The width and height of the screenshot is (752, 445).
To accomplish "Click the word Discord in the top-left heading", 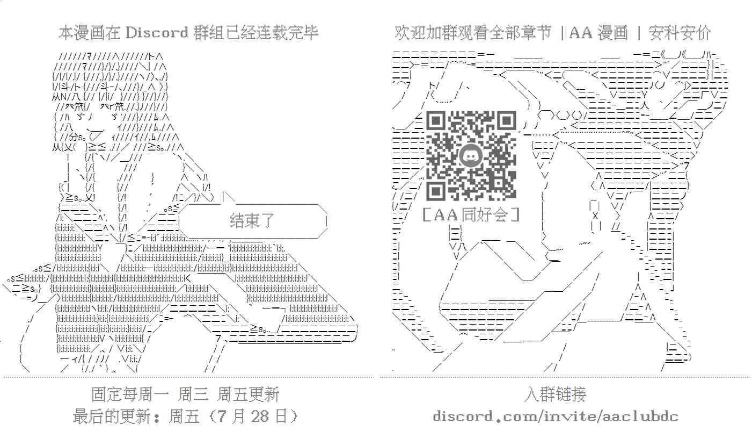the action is [157, 33].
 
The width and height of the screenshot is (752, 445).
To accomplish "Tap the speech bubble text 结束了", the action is [252, 221].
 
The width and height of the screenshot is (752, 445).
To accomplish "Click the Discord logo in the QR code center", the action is [471, 156].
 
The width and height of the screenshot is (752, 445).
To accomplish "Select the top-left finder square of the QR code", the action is [436, 121].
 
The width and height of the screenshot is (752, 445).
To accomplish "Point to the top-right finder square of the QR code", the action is [507, 121].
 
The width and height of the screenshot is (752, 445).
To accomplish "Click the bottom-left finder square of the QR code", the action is [436, 191].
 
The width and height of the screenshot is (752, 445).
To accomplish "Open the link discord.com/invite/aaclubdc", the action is [556, 417].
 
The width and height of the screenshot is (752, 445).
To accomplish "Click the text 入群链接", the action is [555, 394].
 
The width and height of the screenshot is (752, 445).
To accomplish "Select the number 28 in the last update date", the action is [260, 417].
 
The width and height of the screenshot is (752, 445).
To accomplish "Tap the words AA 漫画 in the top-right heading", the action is [598, 33].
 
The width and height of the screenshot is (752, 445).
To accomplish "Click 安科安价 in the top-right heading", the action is [680, 33].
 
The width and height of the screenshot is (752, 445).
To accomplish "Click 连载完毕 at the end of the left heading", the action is [287, 33].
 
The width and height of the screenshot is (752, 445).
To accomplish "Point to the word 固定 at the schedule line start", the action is [107, 394].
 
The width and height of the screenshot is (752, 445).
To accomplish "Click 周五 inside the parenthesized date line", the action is [184, 417].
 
